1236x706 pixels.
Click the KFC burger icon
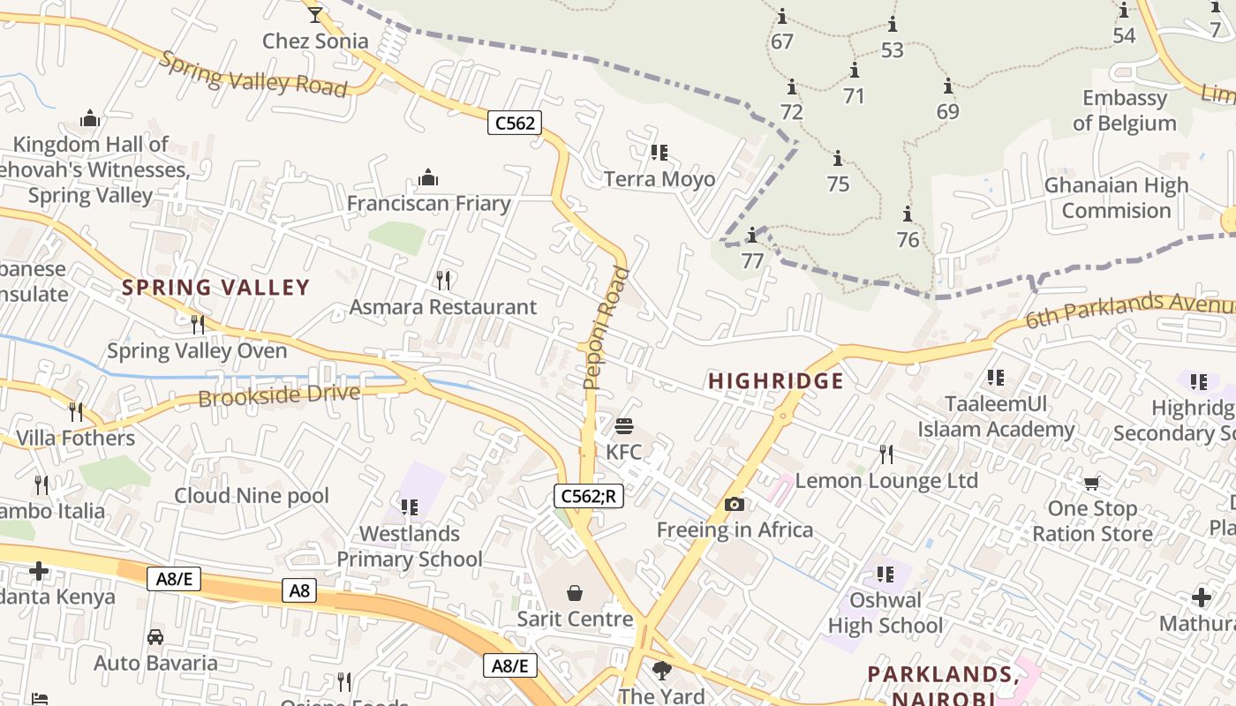tap(624, 427)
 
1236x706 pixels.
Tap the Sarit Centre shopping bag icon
tap(575, 592)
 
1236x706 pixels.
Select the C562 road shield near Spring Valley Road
tap(515, 123)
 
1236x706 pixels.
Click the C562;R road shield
tap(589, 496)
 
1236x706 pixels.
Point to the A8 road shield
tap(299, 590)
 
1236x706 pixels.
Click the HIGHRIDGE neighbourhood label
tap(776, 381)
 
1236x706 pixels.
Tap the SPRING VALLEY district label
tap(216, 287)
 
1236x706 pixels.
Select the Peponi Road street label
tap(607, 328)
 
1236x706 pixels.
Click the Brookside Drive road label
tap(279, 395)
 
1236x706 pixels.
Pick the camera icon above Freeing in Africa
tap(734, 505)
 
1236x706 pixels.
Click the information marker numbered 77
tap(752, 236)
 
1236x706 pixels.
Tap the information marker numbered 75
tap(837, 159)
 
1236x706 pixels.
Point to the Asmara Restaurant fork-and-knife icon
tap(443, 281)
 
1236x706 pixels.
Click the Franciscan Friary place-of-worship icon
tap(428, 178)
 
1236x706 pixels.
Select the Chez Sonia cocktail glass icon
tap(315, 14)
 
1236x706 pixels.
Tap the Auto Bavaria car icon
tap(155, 637)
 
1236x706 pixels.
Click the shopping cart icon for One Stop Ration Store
tap(1092, 483)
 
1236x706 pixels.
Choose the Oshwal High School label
tap(886, 612)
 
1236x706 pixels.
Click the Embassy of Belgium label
tap(1124, 110)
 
